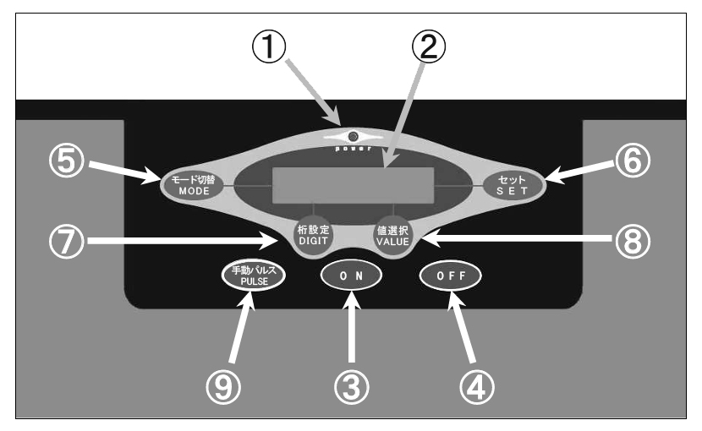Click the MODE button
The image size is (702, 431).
(x=192, y=183)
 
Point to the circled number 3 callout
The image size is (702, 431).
(x=353, y=386)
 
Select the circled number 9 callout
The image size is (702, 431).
(x=225, y=386)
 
